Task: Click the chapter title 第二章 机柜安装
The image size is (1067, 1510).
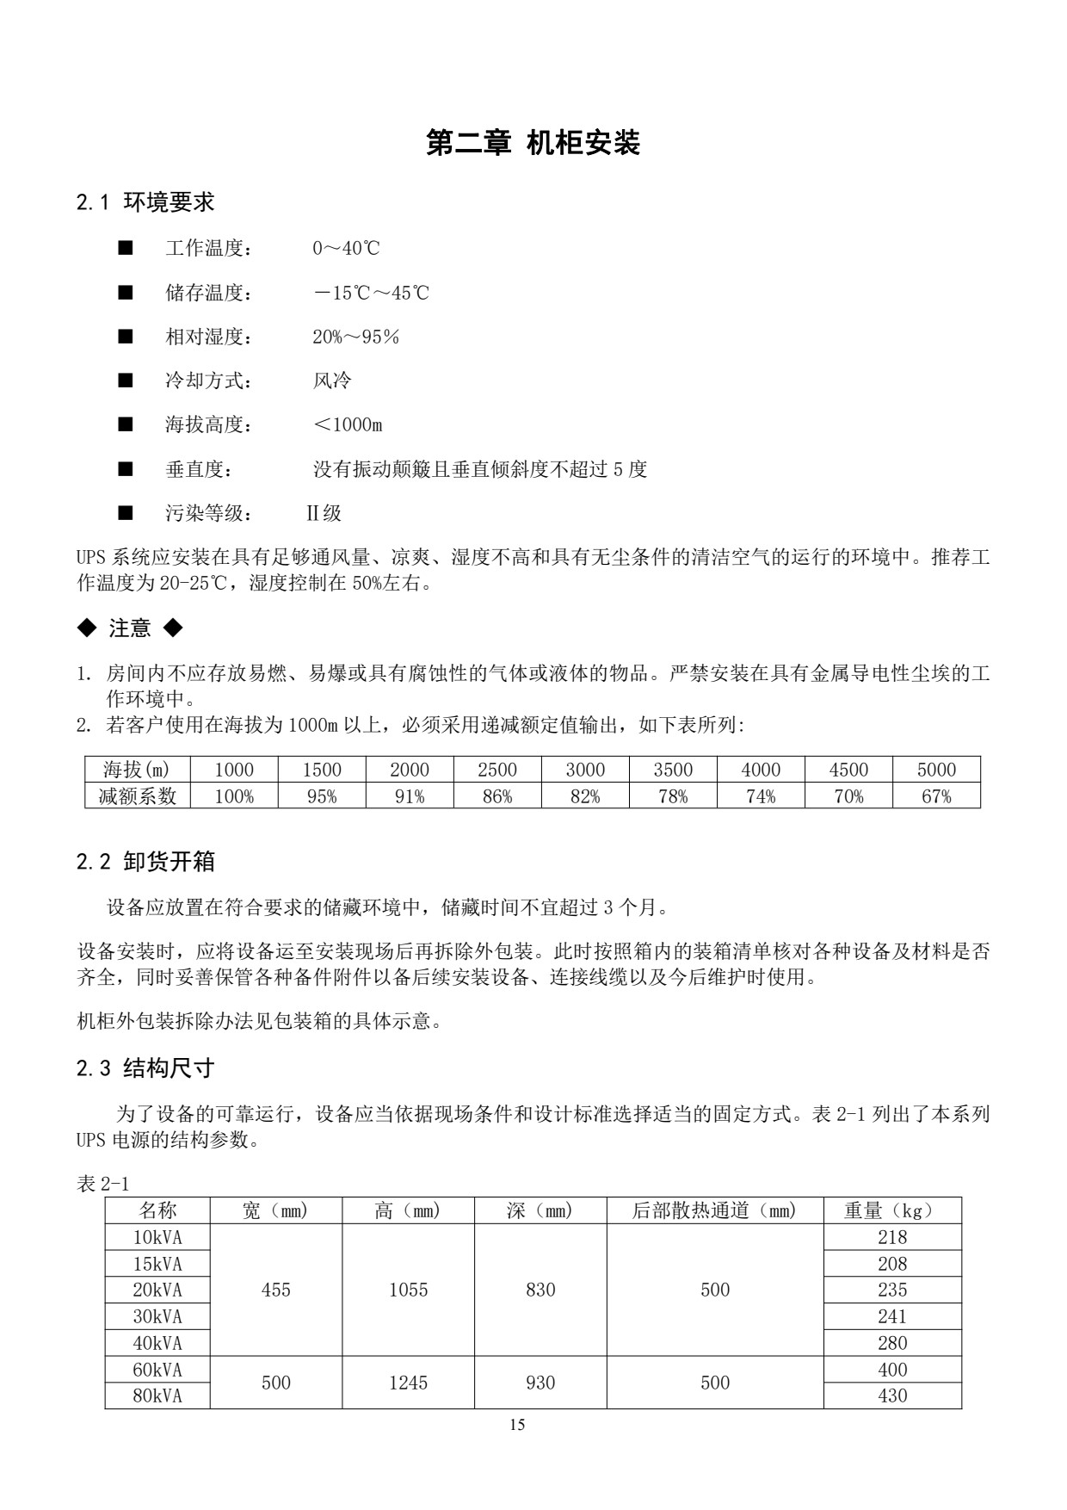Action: tap(533, 143)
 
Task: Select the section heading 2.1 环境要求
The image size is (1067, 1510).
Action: tap(145, 202)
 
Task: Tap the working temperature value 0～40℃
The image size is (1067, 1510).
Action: tap(346, 249)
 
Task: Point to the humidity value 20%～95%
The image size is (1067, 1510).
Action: tap(355, 337)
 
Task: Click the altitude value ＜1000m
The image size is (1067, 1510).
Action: tap(348, 424)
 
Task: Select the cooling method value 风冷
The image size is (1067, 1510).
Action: tap(332, 381)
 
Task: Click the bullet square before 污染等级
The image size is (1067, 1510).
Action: tap(126, 513)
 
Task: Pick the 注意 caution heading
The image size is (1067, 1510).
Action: tap(130, 628)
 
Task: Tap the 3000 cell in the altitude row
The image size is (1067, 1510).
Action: tap(585, 770)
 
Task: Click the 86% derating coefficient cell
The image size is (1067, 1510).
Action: tap(497, 796)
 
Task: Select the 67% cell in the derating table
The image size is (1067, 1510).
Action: tap(936, 796)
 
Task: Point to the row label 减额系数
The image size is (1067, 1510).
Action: tap(138, 796)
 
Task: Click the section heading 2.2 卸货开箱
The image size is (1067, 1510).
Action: tap(145, 862)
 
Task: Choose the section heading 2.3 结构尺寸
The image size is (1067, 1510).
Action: tap(145, 1068)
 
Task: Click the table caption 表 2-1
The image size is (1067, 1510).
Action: tap(102, 1184)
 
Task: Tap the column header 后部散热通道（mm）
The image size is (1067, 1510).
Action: tap(715, 1210)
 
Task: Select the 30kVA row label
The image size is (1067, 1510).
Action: tap(157, 1316)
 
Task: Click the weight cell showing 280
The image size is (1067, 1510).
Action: tap(892, 1343)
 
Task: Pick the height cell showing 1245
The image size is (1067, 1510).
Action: tap(408, 1383)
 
